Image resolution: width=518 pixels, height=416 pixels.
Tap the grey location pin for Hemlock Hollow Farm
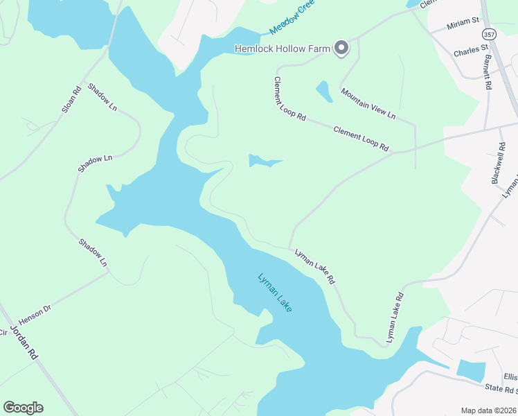(341, 48)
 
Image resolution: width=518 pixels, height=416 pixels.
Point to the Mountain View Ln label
(368, 103)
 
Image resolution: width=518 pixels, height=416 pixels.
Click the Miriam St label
(464, 25)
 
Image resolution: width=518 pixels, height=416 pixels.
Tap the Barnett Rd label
(487, 72)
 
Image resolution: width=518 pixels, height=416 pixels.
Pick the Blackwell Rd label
(499, 164)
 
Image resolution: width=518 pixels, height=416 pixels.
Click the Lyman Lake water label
(276, 292)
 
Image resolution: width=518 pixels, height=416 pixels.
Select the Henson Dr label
(35, 315)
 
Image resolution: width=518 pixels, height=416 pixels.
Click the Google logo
(23, 408)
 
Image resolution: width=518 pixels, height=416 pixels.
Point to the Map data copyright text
(489, 410)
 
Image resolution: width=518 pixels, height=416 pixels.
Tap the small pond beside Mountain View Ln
(323, 91)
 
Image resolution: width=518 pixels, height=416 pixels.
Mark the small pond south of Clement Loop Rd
(264, 162)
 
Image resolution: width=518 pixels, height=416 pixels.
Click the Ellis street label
(510, 376)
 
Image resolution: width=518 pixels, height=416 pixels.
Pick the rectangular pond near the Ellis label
(471, 370)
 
